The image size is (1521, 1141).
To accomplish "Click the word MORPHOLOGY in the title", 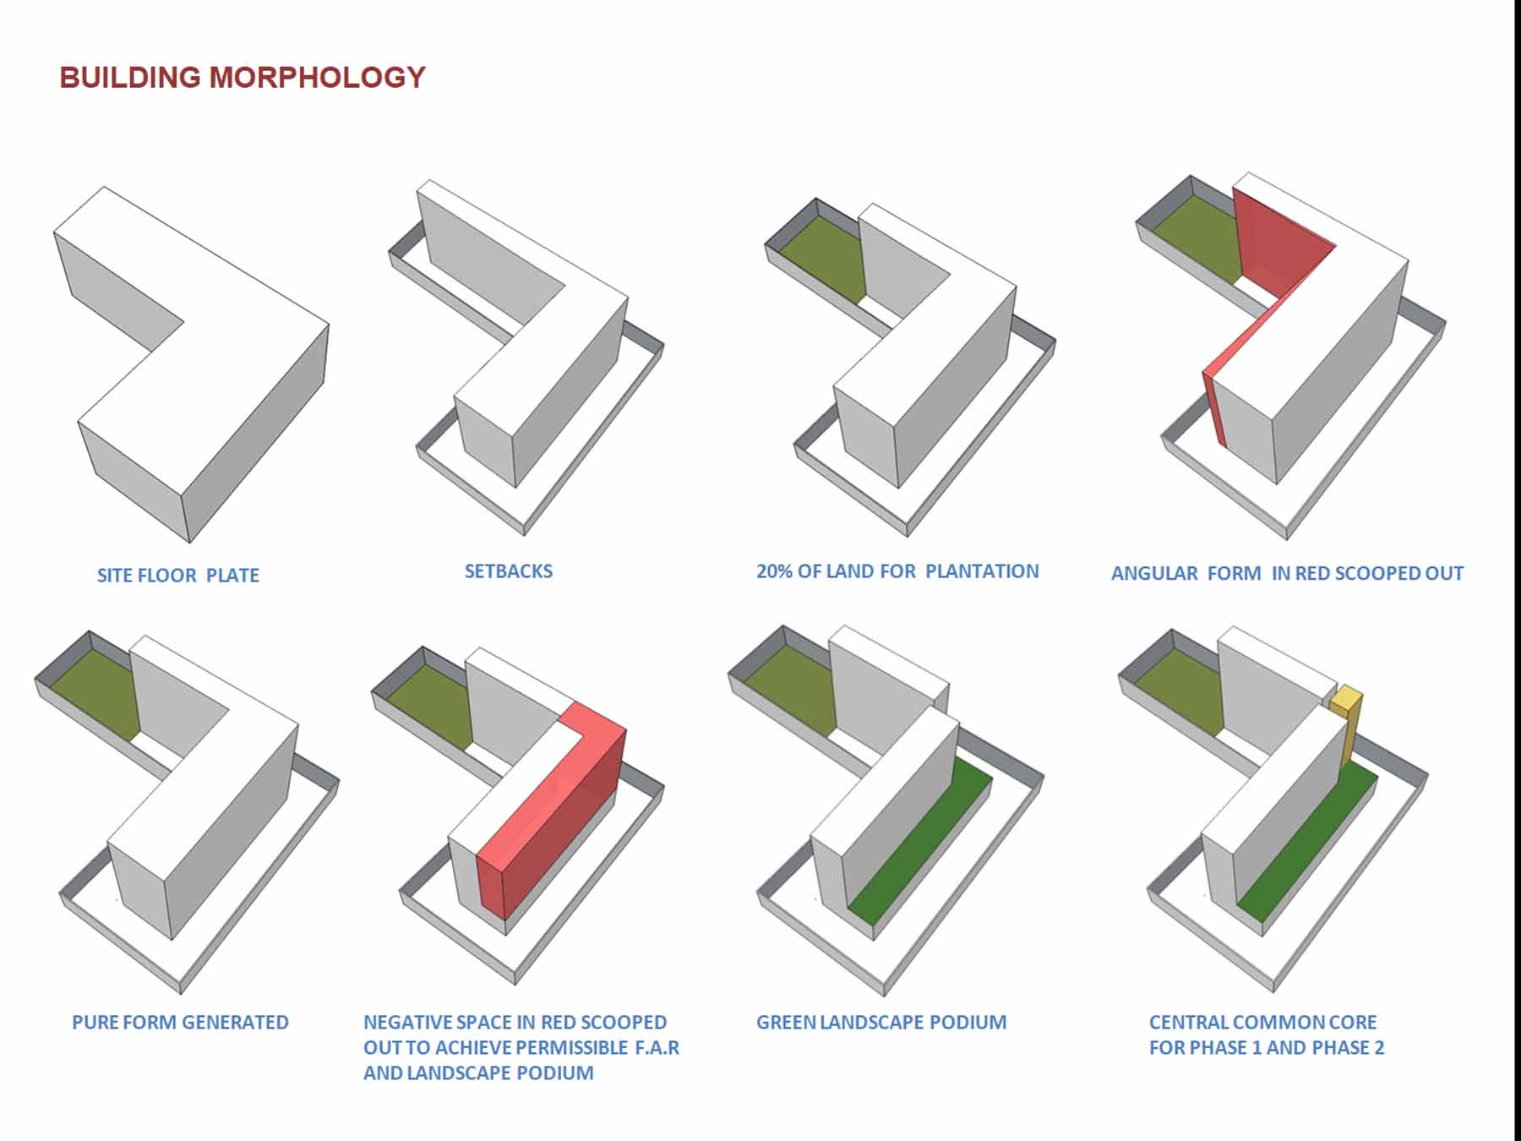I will pyautogui.click(x=317, y=77).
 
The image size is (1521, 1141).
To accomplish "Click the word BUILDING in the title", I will pyautogui.click(x=130, y=77).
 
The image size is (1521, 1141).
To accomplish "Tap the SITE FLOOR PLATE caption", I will pyautogui.click(x=177, y=576).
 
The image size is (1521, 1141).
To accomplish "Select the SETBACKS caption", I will pyautogui.click(x=508, y=571).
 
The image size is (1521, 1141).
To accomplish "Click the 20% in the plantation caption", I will pyautogui.click(x=774, y=571).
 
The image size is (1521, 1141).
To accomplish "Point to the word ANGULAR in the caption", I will pyautogui.click(x=1154, y=574).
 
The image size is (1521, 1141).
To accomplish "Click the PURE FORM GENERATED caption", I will pyautogui.click(x=180, y=1023).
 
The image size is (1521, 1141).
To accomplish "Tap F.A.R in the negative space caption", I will pyautogui.click(x=657, y=1048).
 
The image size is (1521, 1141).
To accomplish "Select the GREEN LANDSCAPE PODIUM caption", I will pyautogui.click(x=880, y=1023).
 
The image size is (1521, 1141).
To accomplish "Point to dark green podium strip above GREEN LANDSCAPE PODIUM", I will pyautogui.click(x=921, y=845).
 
